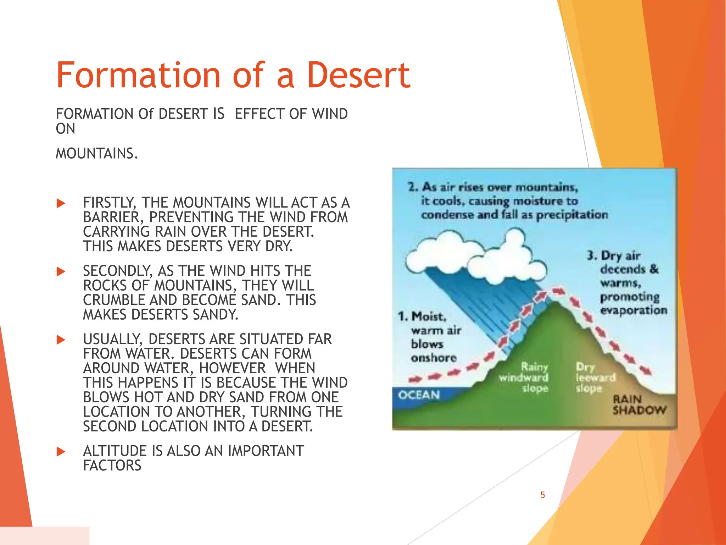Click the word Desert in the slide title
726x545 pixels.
(x=359, y=75)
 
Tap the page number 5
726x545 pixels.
(x=542, y=495)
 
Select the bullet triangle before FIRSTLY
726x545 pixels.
(x=61, y=203)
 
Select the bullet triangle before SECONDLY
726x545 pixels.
(x=61, y=272)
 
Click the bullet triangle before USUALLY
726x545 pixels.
(x=61, y=340)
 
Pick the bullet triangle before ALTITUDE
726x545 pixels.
(x=61, y=452)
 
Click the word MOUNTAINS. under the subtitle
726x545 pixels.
(x=96, y=154)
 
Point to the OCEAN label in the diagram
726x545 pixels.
(x=419, y=395)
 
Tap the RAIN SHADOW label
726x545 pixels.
(x=639, y=405)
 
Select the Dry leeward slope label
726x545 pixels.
(x=595, y=377)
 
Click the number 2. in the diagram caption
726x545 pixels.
(x=413, y=187)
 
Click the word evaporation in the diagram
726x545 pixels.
(x=633, y=310)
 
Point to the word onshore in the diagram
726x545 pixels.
(x=434, y=358)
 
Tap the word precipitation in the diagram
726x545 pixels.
(x=572, y=215)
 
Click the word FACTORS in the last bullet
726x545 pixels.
(x=112, y=466)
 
